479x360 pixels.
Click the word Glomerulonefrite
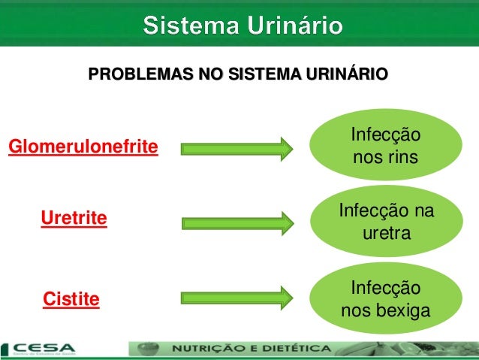pyautogui.click(x=83, y=146)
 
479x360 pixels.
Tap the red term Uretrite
pyautogui.click(x=74, y=219)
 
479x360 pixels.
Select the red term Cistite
pyautogui.click(x=72, y=299)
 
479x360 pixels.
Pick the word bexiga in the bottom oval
pyautogui.click(x=403, y=310)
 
